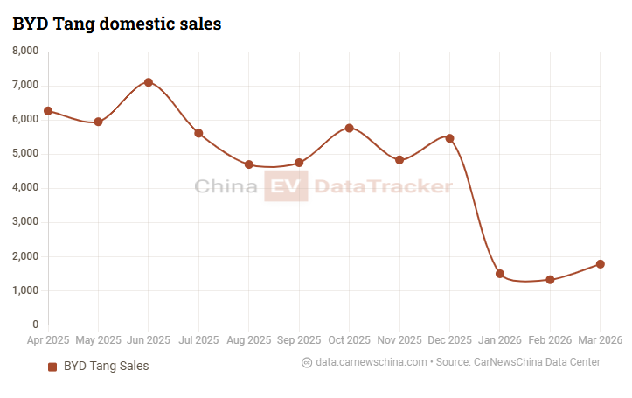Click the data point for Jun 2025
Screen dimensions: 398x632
pos(149,82)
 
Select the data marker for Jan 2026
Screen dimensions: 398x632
pos(500,274)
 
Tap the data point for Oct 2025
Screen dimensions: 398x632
pos(350,128)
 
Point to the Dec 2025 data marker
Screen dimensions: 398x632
pos(450,138)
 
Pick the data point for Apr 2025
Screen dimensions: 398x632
pos(48,111)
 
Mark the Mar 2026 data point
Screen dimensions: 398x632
pos(601,264)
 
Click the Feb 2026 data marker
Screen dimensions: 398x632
pos(550,280)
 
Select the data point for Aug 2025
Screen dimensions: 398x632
pos(249,164)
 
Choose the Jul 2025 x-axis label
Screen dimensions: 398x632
pos(198,339)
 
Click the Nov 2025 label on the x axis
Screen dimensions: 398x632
pos(399,339)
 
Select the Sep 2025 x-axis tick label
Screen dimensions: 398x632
pos(299,339)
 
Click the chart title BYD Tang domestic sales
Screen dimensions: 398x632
pos(117,24)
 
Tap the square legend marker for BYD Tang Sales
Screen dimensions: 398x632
pos(52,367)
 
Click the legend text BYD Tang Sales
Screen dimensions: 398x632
pos(107,367)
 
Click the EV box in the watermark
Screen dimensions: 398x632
pos(286,186)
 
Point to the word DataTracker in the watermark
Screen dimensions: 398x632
pos(383,186)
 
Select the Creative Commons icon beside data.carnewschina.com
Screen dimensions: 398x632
pos(307,362)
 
